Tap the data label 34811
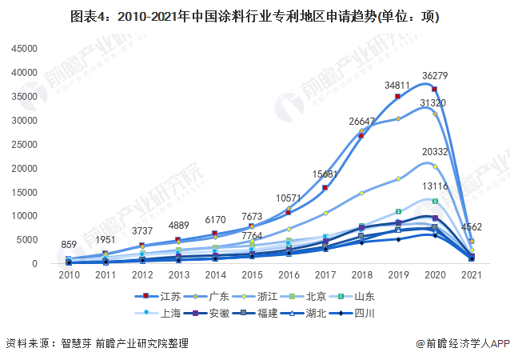coord(397,84)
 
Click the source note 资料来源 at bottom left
coord(96,343)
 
